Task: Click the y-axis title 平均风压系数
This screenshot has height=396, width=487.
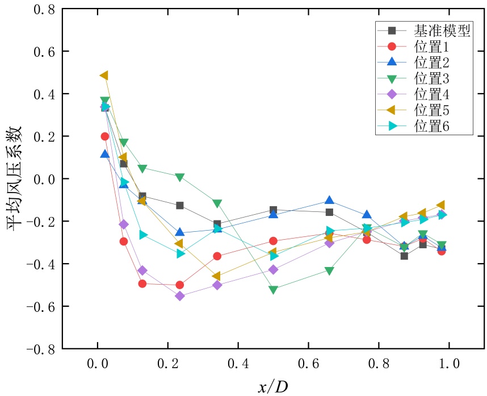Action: pyautogui.click(x=15, y=178)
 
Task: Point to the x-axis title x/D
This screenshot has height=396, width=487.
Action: pyautogui.click(x=273, y=386)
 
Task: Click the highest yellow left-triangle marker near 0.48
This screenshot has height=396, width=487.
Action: pyautogui.click(x=104, y=76)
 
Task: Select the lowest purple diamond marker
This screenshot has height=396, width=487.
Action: pyautogui.click(x=180, y=295)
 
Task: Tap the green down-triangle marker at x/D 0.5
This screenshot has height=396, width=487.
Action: pyautogui.click(x=274, y=290)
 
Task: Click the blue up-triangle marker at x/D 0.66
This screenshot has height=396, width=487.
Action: pyautogui.click(x=330, y=201)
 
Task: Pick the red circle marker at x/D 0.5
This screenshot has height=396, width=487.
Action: pyautogui.click(x=274, y=241)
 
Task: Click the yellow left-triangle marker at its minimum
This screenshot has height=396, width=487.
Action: pyautogui.click(x=216, y=276)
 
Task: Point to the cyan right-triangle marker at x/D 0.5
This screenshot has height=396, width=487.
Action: pyautogui.click(x=274, y=256)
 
